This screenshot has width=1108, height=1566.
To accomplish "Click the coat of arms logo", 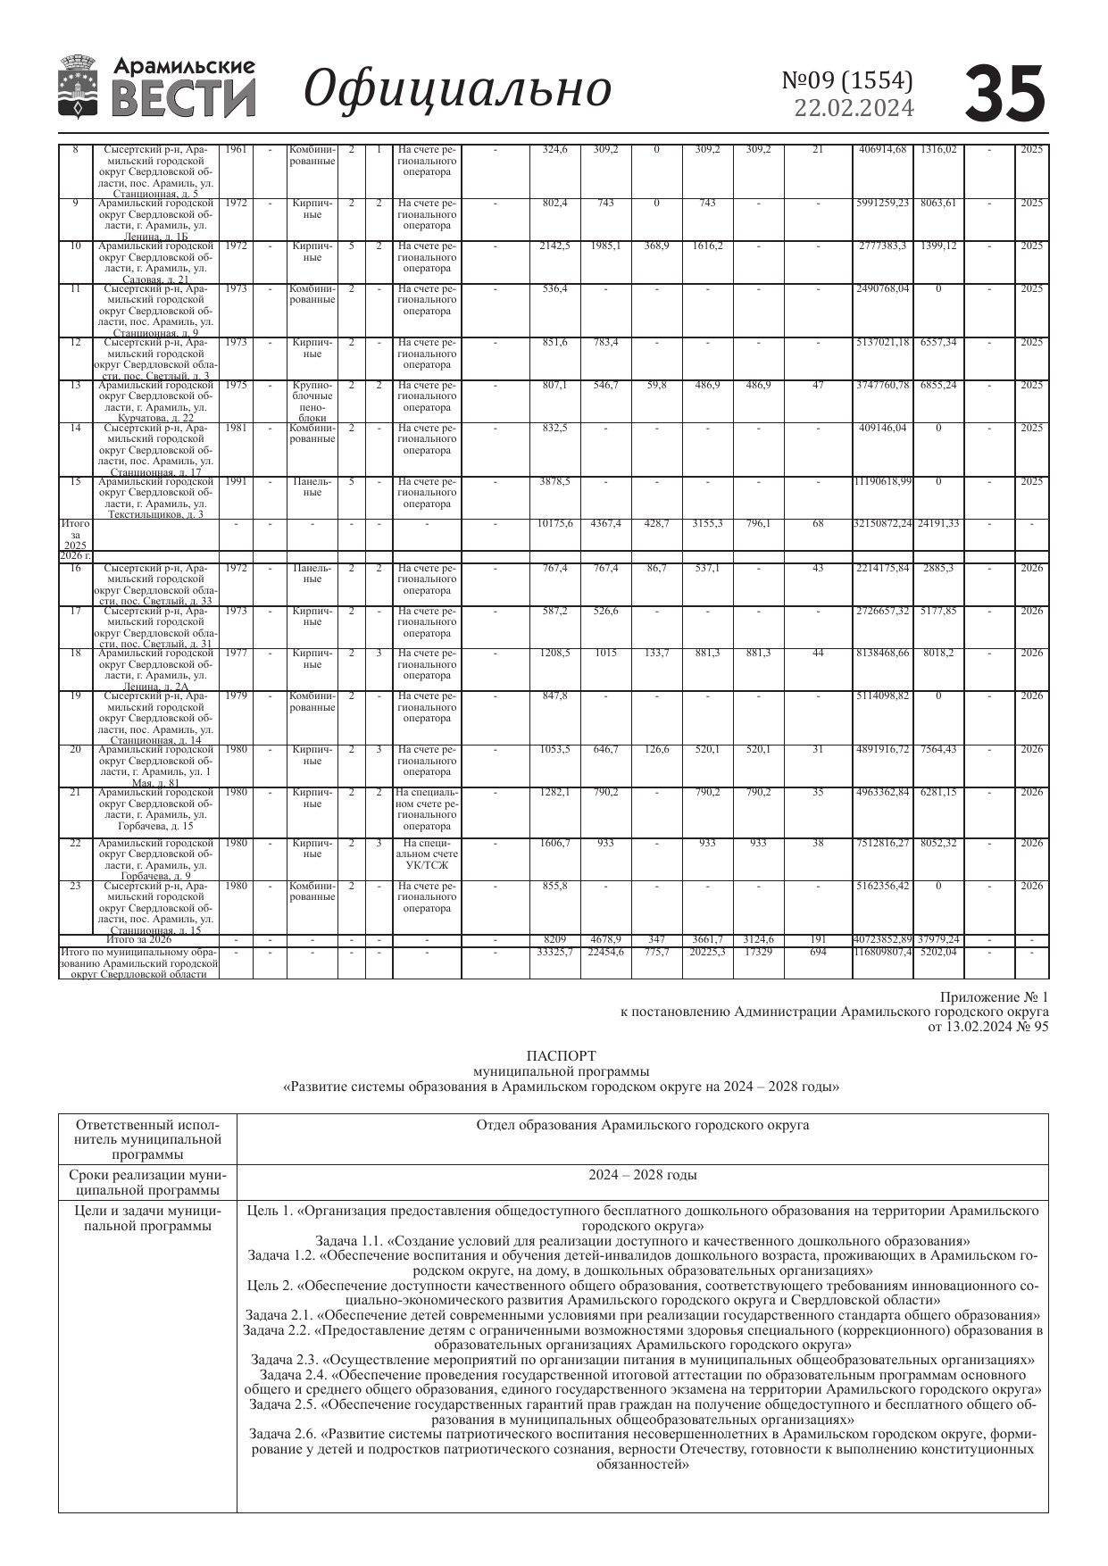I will (x=79, y=87).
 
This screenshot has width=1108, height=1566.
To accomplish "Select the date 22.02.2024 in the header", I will (x=854, y=108).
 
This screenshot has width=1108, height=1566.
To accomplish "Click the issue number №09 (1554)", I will (x=847, y=80).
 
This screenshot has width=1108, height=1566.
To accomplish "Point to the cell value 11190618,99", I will (x=882, y=482).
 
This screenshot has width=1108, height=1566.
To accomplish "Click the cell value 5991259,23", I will (x=882, y=204).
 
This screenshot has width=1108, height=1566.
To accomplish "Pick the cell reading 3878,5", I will (x=554, y=482).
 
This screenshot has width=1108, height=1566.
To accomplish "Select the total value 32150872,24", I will (x=882, y=523).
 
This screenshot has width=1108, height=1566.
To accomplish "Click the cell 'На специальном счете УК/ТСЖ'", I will (x=427, y=854).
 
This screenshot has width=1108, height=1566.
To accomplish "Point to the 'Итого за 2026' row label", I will (x=138, y=939).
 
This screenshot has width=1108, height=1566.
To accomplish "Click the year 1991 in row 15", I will (x=236, y=482).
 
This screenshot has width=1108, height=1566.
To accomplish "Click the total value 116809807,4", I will (x=882, y=952).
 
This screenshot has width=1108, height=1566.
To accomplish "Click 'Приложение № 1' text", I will (x=994, y=996).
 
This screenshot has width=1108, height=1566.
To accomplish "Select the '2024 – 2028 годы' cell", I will (x=642, y=1175).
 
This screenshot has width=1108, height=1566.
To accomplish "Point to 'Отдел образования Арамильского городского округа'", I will (x=642, y=1125).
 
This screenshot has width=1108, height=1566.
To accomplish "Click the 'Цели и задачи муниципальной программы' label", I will (x=147, y=1218).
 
